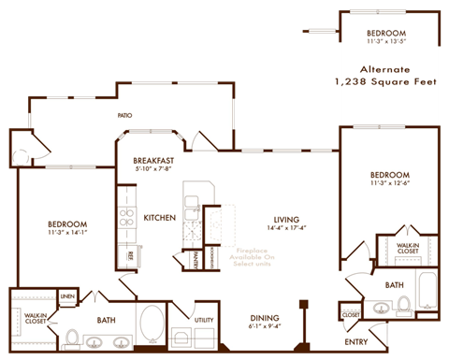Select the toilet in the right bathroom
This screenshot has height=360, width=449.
click(404, 304)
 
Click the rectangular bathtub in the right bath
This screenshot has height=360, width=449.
click(426, 292)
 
